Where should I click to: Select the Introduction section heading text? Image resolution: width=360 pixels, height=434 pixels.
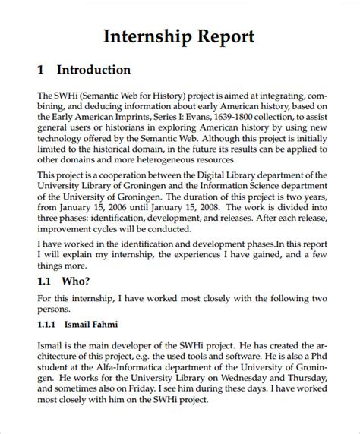tap(93, 70)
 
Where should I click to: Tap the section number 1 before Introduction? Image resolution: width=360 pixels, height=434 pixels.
tap(40, 70)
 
